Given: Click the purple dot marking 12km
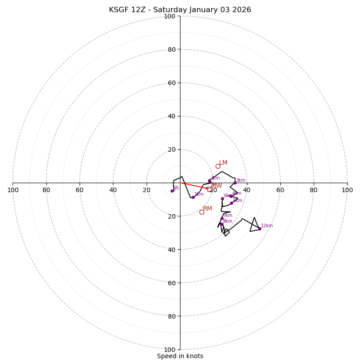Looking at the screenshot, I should coord(260,229).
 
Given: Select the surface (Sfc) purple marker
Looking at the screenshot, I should coord(172,191).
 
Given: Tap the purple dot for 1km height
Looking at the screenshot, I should coord(193,197).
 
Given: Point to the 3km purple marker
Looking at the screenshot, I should coord(235,183).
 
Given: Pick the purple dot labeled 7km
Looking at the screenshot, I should coord(222,218).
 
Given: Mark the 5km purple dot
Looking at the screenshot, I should coord(232,203).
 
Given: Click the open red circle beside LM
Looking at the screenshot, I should coord(218,166).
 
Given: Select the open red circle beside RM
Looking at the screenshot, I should coord(202,212).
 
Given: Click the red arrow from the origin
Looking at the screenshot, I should coord(194,185).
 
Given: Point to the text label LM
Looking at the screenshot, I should coord(223,162).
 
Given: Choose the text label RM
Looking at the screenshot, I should coord(207,208).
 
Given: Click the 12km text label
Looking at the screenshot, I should coord(267,226).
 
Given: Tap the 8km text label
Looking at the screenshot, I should coord(228,221).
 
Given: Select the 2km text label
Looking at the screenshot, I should coord(215,178).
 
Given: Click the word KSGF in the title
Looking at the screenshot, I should coord(119,10).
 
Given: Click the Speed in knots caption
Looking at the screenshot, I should coord(180,356).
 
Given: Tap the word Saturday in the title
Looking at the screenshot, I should coord(173,10).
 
